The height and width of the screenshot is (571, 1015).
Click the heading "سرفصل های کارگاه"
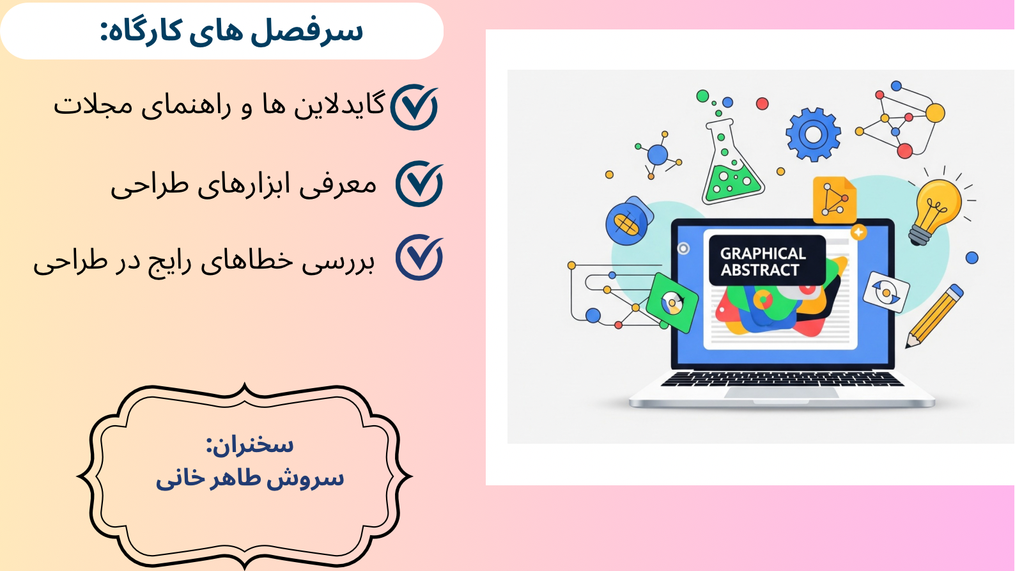coord(231,31)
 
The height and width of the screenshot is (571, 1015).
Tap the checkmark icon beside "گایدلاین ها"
coord(414,107)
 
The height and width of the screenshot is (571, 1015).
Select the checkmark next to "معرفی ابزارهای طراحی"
coord(419,184)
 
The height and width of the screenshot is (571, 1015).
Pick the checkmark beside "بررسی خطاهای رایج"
coord(419,258)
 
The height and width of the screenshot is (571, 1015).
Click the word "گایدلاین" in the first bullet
coord(339,105)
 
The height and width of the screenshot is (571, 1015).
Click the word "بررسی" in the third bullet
coord(339,262)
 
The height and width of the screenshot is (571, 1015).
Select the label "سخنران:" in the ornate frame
coord(250,444)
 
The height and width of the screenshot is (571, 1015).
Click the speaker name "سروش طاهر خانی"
coord(250,478)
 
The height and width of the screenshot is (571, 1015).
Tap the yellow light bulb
coord(936,208)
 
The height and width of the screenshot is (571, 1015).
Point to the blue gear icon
coord(813,134)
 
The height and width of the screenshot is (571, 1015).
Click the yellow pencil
coord(934,317)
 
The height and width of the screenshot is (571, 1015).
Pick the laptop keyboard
coord(782,379)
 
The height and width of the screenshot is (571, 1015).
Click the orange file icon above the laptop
coord(833,199)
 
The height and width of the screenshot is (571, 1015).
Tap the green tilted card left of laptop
coord(672,302)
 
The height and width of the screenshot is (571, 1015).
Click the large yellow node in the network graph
coord(934,113)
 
